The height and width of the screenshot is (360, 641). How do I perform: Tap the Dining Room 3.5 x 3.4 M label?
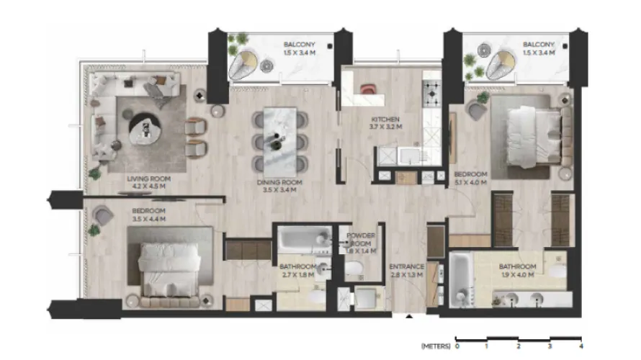pyautogui.click(x=279, y=186)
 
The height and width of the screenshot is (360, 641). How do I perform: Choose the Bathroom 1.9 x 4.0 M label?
pyautogui.click(x=517, y=271)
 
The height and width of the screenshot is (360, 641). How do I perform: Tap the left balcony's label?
pyautogui.click(x=300, y=48)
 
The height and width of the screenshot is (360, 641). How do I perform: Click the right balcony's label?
pyautogui.click(x=538, y=48)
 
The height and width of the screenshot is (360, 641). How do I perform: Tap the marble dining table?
pyautogui.click(x=279, y=135)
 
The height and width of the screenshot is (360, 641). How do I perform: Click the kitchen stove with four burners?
pyautogui.click(x=432, y=92)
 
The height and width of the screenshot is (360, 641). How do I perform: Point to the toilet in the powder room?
pyautogui.click(x=354, y=270)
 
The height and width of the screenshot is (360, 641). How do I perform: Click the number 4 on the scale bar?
pyautogui.click(x=580, y=346)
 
